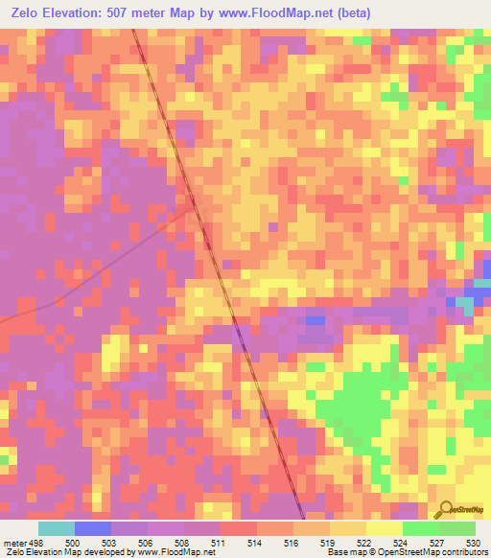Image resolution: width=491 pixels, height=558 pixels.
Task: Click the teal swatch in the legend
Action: [x=56, y=529]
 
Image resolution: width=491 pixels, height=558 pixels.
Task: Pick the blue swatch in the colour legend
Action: [x=92, y=529]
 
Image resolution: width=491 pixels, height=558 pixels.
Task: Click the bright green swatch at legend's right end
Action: [x=456, y=529]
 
